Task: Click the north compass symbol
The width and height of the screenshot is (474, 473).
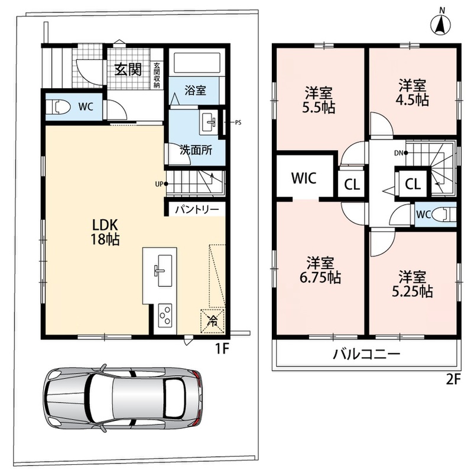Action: tap(440, 22)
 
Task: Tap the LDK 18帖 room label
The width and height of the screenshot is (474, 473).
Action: tap(105, 232)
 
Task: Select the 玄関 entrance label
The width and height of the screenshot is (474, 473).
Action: tap(128, 70)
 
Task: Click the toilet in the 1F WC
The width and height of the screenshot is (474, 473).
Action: tap(61, 107)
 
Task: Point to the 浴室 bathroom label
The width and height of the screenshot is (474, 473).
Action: tap(195, 90)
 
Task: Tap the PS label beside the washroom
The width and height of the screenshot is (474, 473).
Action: tap(238, 123)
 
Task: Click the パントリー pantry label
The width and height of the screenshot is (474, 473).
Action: tap(197, 209)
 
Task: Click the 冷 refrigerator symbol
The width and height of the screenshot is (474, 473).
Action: tap(213, 321)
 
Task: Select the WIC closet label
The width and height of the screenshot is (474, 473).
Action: tap(304, 179)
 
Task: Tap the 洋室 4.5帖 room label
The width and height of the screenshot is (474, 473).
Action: tap(413, 92)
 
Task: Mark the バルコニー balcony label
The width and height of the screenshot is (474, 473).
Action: tap(366, 354)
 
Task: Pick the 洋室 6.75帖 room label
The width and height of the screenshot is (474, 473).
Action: tap(320, 270)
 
